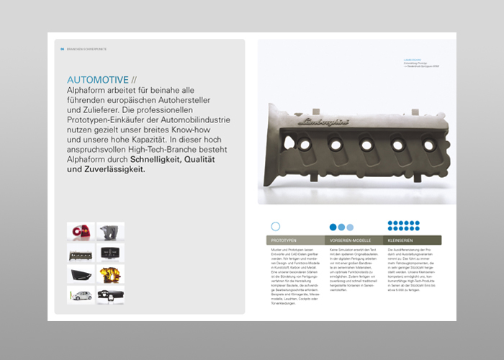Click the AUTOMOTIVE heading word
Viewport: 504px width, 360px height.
pyautogui.click(x=97, y=79)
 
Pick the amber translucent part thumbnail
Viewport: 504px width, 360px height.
pyautogui.click(x=110, y=274)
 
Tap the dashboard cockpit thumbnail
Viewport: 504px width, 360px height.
pyautogui.click(x=110, y=294)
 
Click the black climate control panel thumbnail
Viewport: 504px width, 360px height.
pyautogui.click(x=110, y=253)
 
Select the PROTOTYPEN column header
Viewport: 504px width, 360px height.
pyautogui.click(x=285, y=240)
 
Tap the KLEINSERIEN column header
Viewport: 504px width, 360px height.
pyautogui.click(x=401, y=240)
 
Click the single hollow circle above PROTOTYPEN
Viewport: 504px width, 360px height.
pyautogui.click(x=275, y=226)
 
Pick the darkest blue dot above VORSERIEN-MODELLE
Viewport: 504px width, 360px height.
pyautogui.click(x=333, y=227)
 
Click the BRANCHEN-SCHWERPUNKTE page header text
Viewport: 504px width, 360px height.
pyautogui.click(x=87, y=49)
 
